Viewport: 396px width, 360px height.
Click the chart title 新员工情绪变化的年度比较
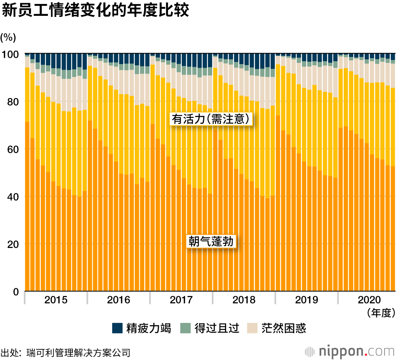click(95, 11)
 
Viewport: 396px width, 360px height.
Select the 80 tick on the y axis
click(13, 102)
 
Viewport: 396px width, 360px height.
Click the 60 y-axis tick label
click(13, 149)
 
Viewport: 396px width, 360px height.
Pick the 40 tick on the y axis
click(13, 197)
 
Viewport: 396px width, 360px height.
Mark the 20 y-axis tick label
click(13, 244)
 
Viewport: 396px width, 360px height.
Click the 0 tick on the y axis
click(16, 292)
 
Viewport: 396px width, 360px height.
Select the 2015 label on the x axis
click(56, 300)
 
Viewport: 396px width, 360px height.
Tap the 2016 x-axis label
click(118, 300)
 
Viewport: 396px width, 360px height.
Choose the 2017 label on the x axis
click(181, 300)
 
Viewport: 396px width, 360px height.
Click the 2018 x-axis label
click(244, 300)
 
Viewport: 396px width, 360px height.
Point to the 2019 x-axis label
click(307, 300)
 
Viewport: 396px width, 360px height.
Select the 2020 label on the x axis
click(369, 300)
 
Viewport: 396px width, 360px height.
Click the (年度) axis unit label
click(381, 313)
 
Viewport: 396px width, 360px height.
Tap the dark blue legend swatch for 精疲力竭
click(117, 328)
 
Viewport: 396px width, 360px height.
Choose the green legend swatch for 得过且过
click(185, 328)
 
